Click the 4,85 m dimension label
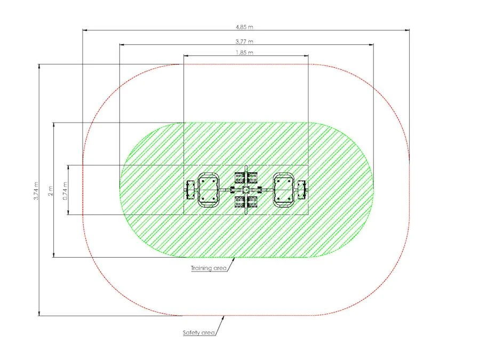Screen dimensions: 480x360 click(244, 27)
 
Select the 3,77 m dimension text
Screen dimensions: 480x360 click(244, 41)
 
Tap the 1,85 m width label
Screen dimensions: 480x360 click(244, 53)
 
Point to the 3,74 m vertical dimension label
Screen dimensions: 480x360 click(36, 191)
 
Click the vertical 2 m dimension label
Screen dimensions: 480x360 click(51, 191)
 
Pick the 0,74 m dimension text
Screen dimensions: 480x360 click(65, 191)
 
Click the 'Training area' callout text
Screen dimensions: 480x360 click(209, 268)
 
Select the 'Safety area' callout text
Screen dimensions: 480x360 click(199, 332)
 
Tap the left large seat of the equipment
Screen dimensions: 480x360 click(209, 190)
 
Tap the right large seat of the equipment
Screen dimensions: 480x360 click(284, 190)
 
